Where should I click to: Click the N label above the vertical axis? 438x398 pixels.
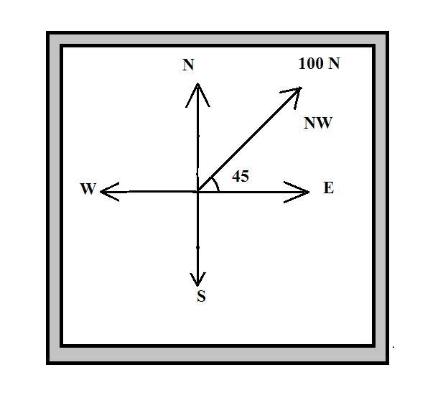pos(188,65)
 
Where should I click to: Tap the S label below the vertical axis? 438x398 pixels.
pos(201,297)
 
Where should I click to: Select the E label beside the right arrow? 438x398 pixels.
pos(328,188)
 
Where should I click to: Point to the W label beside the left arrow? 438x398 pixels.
pos(88,189)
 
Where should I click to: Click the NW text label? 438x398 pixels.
pos(318,123)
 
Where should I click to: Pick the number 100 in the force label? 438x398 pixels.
pos(311,63)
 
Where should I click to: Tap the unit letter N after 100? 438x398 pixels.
pos(334,63)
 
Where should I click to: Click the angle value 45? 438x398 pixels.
pos(241,175)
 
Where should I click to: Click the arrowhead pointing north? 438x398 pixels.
pos(197,90)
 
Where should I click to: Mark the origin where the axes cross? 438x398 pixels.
pos(197,191)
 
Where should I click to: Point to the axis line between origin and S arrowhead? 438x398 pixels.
pos(197,237)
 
